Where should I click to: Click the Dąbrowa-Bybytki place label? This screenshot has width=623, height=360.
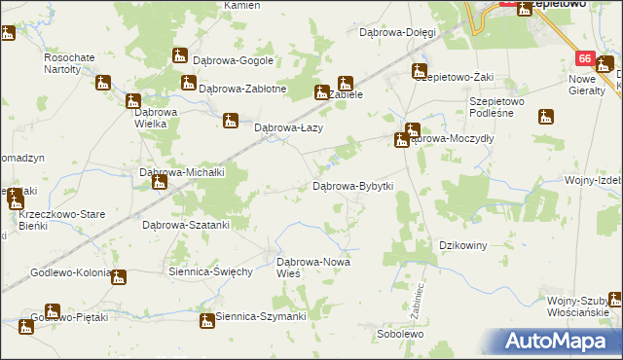coord(352,185)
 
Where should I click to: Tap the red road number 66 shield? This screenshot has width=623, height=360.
coord(584,58)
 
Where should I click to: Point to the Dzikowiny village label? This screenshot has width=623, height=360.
coord(462,245)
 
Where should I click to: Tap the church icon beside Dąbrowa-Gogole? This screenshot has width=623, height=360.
coord(180,56)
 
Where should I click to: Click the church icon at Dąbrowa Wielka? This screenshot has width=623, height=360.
coord(133,100)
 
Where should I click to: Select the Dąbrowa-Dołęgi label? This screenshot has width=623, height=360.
coord(396,32)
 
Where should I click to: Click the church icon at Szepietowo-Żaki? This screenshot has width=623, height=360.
coord(419,71)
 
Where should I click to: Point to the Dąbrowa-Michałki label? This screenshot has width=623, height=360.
coord(183,172)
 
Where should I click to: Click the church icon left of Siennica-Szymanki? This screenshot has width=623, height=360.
coord(206,320)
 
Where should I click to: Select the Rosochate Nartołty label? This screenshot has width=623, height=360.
coord(69,63)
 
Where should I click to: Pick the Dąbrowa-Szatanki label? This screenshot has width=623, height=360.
coord(186,225)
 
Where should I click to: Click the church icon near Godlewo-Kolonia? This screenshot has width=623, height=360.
coord(119,278)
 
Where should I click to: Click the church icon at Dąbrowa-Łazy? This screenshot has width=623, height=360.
coord(230,122)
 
